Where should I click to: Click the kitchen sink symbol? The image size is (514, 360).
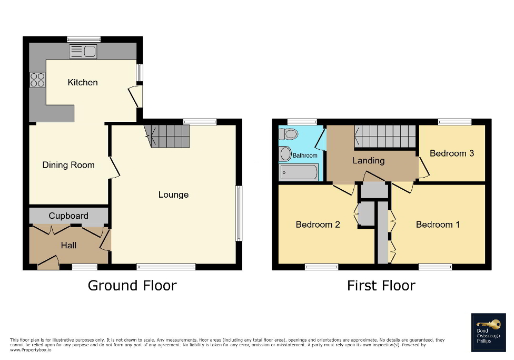(83, 52)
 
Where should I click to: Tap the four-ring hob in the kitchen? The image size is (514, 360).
(37, 80)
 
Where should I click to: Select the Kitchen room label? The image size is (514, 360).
(83, 82)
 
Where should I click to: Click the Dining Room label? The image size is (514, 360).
(68, 165)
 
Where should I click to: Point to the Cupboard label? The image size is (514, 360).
(68, 216)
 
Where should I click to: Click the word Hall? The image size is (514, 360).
(68, 245)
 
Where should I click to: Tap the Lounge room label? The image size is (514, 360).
(173, 194)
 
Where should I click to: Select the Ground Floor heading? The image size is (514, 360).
(132, 286)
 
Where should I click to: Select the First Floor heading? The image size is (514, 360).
(381, 286)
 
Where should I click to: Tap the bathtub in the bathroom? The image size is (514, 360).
(299, 171)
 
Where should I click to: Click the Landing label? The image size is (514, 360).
(368, 160)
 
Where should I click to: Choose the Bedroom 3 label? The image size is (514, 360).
(451, 153)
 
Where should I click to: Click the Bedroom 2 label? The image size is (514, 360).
(318, 225)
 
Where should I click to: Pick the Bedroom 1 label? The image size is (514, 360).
(438, 225)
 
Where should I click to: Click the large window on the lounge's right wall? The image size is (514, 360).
(239, 213)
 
